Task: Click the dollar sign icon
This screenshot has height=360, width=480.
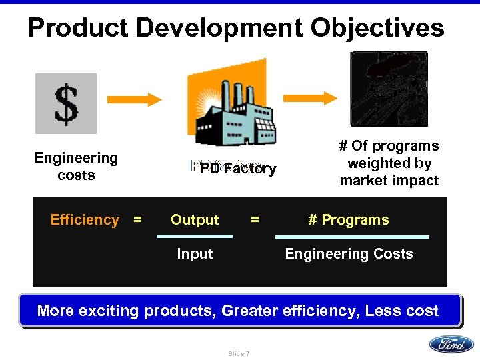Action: (66, 103)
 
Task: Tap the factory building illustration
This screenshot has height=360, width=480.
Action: (231, 111)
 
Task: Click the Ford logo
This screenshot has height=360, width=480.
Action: (451, 344)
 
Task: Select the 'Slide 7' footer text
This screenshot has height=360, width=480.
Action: (239, 353)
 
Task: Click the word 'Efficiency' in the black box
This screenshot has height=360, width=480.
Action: (85, 220)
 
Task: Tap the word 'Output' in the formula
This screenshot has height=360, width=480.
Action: (195, 220)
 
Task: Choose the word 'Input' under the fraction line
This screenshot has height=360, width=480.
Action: (195, 254)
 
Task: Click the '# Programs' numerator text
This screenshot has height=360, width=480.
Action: (349, 220)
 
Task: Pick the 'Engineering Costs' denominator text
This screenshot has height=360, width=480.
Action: (349, 254)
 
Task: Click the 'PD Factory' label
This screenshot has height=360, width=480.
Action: (237, 169)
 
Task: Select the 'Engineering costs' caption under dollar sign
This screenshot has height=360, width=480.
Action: (76, 167)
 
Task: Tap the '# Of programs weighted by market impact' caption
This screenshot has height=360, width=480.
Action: (389, 163)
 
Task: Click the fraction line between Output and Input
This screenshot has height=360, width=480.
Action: (195, 237)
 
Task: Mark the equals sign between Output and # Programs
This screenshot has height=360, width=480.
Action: (254, 219)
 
